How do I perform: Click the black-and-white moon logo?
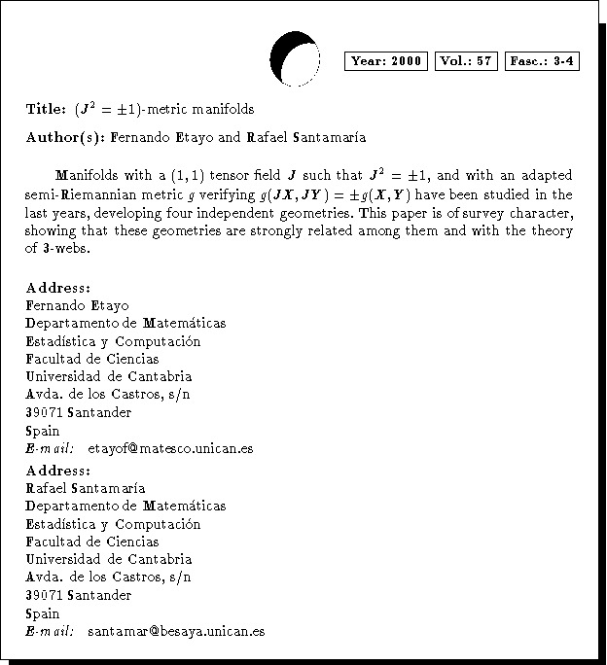(x=293, y=59)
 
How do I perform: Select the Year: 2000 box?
(x=386, y=61)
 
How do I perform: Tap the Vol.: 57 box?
(x=467, y=61)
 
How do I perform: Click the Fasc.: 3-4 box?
(x=543, y=61)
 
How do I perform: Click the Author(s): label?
(x=67, y=137)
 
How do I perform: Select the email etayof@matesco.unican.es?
(x=170, y=448)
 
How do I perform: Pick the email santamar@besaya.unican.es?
(x=176, y=631)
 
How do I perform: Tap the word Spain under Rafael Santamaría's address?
(x=43, y=613)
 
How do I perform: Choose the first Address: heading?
(x=59, y=288)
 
